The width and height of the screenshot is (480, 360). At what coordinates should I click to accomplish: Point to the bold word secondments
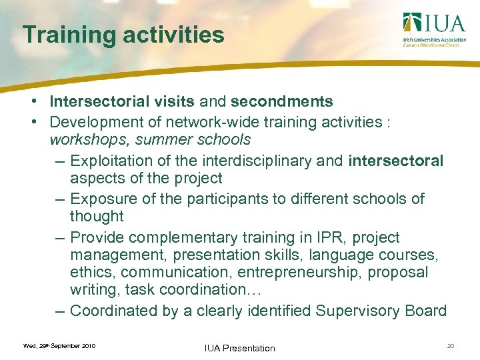(x=281, y=102)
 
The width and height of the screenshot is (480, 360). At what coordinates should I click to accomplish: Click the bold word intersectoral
(x=395, y=161)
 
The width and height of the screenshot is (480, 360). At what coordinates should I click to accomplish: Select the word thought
(x=97, y=216)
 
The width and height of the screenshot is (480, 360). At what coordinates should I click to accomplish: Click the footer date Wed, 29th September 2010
(x=59, y=345)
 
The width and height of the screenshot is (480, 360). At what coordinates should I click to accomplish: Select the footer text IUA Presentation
(x=240, y=347)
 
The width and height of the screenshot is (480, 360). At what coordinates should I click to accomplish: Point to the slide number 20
(x=451, y=345)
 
